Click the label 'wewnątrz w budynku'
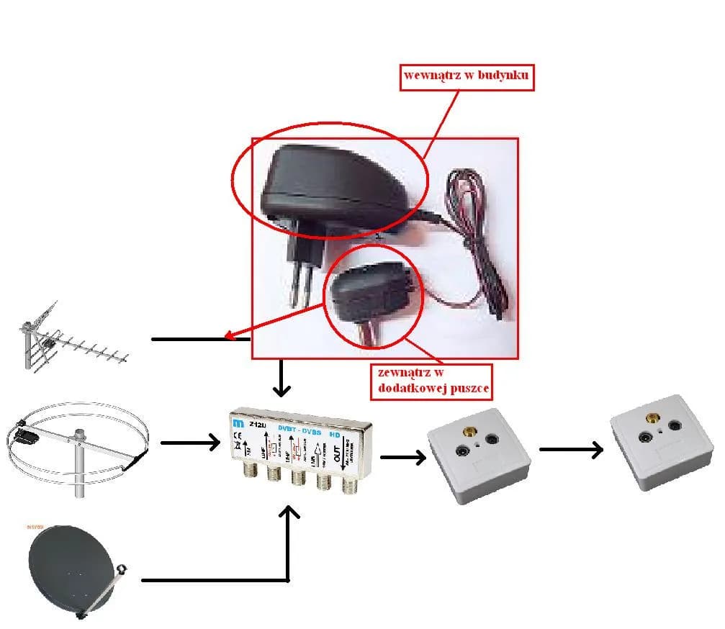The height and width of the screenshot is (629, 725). tap(467, 75)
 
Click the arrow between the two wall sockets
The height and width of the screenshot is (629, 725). tap(571, 450)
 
